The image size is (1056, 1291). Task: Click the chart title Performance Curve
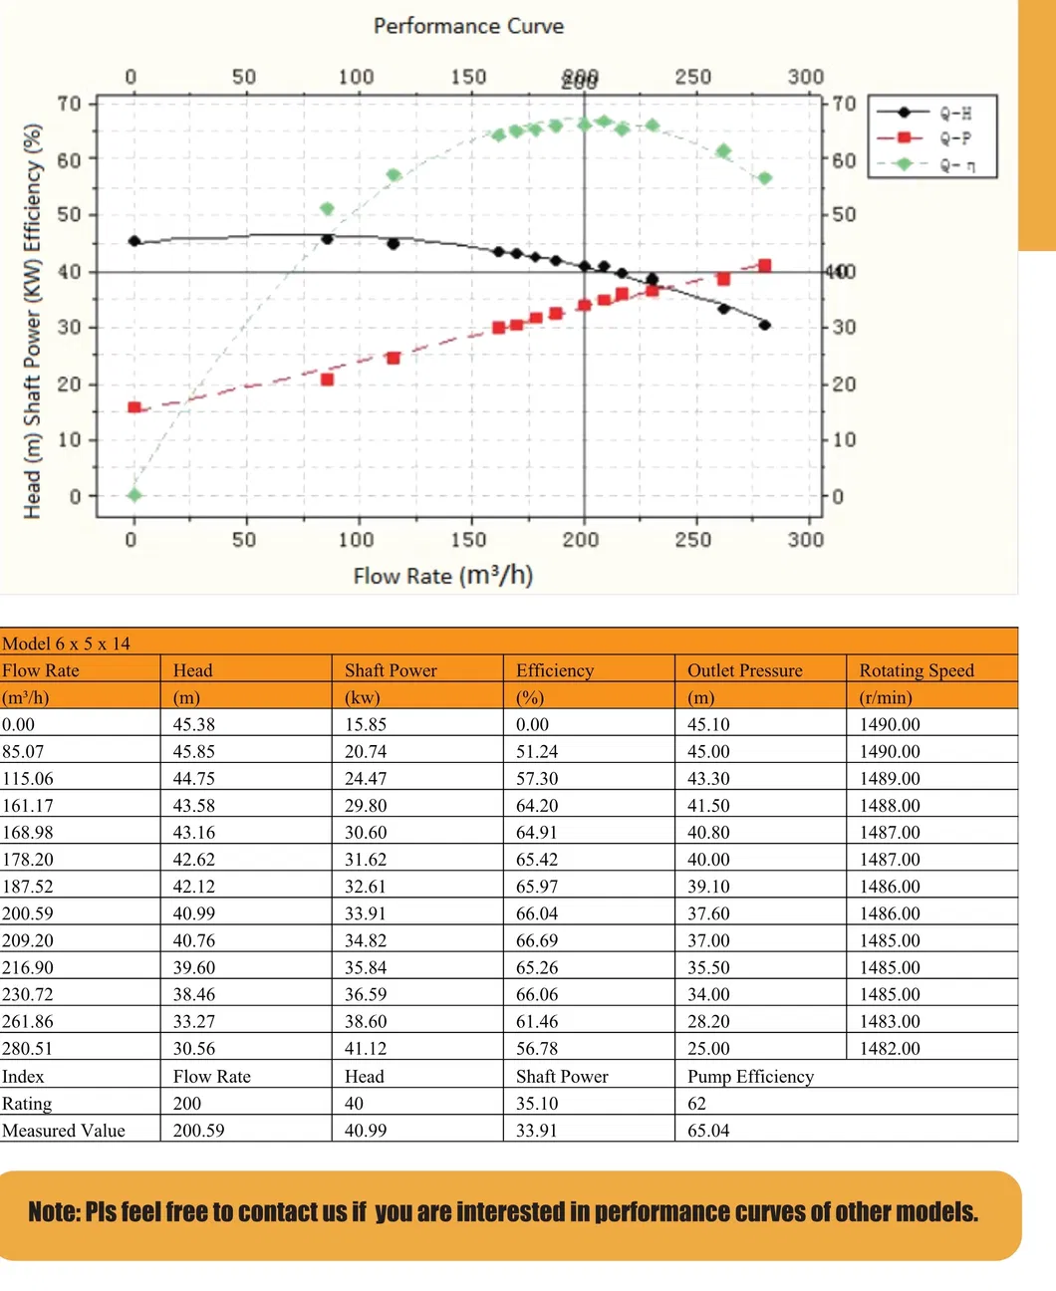(x=468, y=26)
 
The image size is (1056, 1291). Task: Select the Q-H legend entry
(x=955, y=113)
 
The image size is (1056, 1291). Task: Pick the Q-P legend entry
(x=955, y=138)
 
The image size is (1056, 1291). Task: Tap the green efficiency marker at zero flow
(x=134, y=495)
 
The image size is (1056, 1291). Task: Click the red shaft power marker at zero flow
(x=134, y=407)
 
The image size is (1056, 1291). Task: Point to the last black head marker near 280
(x=764, y=325)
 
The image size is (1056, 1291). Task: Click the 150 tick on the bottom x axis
(x=468, y=540)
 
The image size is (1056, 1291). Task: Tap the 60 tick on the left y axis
(x=69, y=159)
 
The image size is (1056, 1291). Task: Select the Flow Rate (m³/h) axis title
(x=443, y=576)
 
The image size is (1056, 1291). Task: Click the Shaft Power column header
(x=391, y=670)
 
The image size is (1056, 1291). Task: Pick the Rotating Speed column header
(x=917, y=670)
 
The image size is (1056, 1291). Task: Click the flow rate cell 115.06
(x=28, y=778)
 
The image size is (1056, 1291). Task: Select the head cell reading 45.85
(x=194, y=751)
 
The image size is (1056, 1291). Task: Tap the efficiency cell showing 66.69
(x=537, y=939)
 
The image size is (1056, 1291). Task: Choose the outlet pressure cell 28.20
(x=708, y=1021)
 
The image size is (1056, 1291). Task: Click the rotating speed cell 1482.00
(x=890, y=1048)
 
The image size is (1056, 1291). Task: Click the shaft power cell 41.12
(x=366, y=1048)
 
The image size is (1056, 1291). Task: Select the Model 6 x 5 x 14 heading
(x=66, y=644)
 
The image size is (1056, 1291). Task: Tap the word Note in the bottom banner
(x=52, y=1212)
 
